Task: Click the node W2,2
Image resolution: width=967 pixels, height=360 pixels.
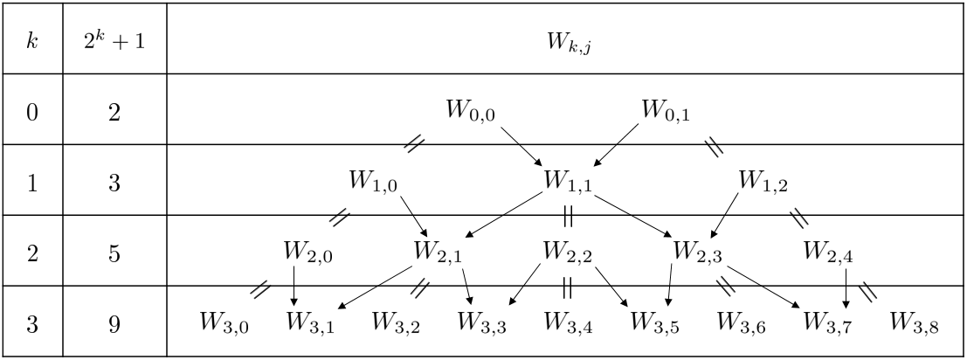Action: coord(568,253)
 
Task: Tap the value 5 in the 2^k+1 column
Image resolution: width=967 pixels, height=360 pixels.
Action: coord(114,253)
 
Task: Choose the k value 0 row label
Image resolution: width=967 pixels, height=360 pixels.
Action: coord(31,113)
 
